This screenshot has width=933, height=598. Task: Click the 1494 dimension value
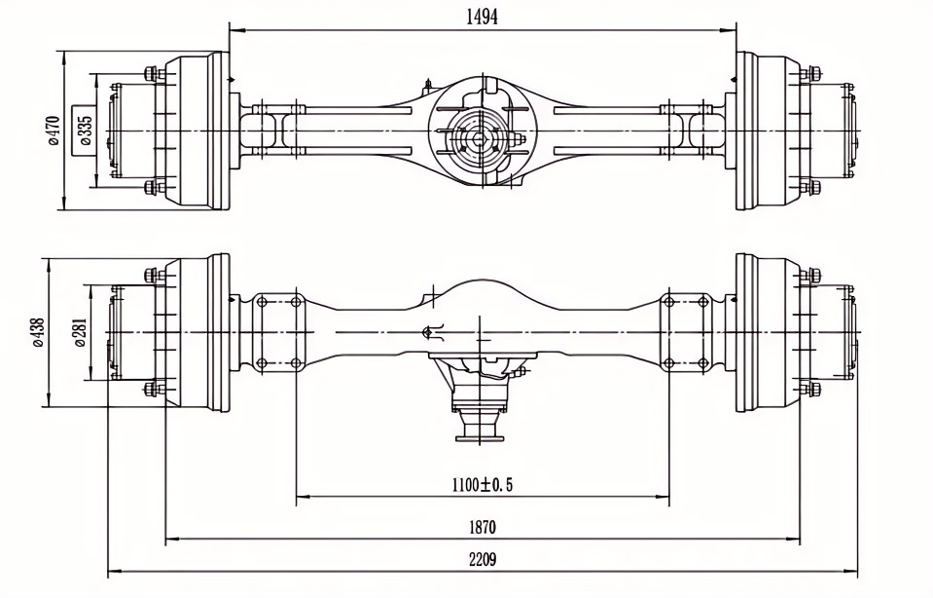[482, 17]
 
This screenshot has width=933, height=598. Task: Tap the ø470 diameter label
[54, 130]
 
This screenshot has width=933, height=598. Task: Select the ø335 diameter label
[85, 130]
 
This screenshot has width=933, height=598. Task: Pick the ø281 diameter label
[80, 331]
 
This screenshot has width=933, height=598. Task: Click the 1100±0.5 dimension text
[482, 484]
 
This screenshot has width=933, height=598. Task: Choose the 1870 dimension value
[482, 527]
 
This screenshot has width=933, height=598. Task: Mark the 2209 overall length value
[482, 561]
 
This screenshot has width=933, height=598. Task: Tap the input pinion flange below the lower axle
[481, 429]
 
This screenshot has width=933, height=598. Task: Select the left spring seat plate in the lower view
[277, 332]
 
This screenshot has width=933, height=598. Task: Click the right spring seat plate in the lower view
[685, 332]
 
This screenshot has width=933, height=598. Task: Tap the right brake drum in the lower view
[769, 332]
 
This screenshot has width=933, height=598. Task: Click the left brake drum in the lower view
[195, 332]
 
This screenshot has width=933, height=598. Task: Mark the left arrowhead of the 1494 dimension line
[233, 30]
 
